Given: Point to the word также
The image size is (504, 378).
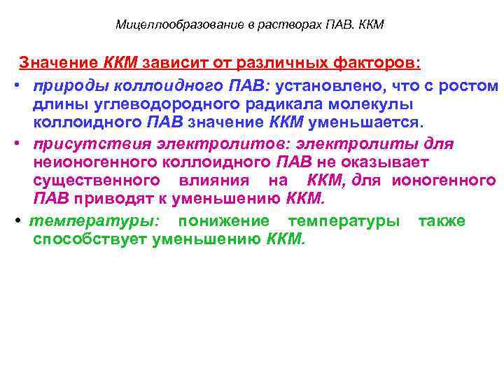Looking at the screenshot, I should tap(441, 221).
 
